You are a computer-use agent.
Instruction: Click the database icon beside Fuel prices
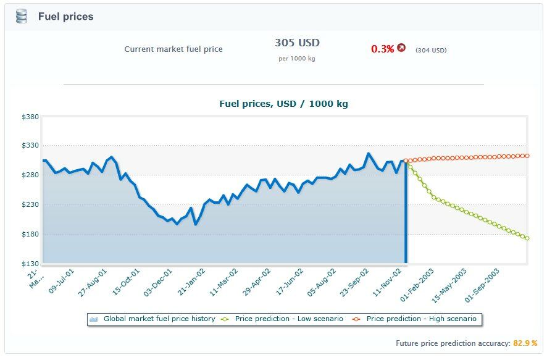(22, 17)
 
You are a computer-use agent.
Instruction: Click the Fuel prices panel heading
(65, 17)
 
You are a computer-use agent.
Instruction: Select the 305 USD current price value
(297, 43)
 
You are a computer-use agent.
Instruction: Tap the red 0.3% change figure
(382, 49)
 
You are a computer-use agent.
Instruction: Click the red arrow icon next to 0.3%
(401, 48)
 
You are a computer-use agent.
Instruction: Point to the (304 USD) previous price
(430, 50)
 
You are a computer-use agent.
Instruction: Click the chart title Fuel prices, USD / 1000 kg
(283, 104)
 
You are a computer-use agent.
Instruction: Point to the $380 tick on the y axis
(30, 117)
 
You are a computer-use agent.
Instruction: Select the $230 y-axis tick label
(30, 205)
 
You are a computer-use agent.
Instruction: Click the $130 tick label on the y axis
(30, 264)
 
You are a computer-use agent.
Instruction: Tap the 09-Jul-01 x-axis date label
(62, 280)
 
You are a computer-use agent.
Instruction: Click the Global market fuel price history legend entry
(159, 319)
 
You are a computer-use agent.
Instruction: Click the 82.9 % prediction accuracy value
(525, 343)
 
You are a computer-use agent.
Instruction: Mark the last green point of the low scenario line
(527, 238)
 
